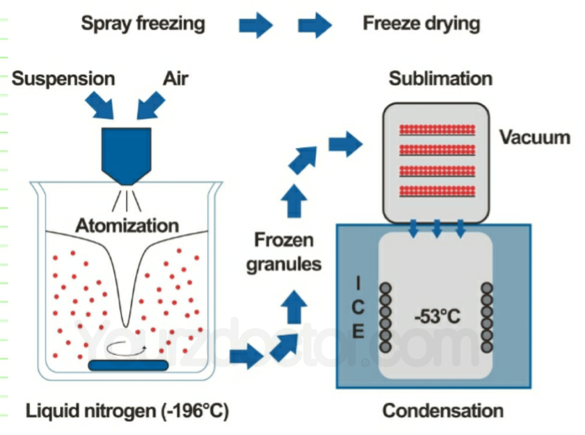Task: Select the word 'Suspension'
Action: pos(63,79)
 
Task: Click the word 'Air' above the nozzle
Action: pos(175,79)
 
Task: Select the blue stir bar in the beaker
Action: pos(128,365)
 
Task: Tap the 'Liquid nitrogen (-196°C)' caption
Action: pos(127,411)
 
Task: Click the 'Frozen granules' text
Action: pos(284,252)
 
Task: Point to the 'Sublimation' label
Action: pos(441,79)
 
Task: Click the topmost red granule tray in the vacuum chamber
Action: pos(437,130)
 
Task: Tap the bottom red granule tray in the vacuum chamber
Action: pos(437,191)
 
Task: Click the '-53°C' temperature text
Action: pos(438,317)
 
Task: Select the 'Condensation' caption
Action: pos(443,411)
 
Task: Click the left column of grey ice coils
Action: pos(385,317)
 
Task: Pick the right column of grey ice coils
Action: pos(487,317)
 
